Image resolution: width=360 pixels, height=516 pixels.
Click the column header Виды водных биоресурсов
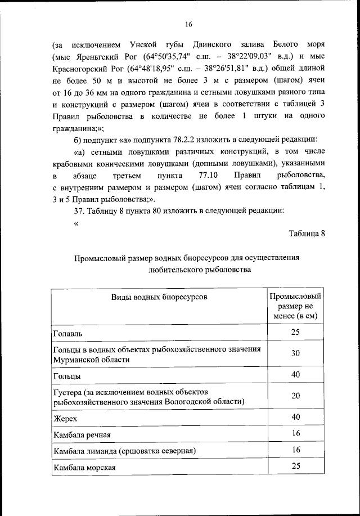[158, 296]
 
